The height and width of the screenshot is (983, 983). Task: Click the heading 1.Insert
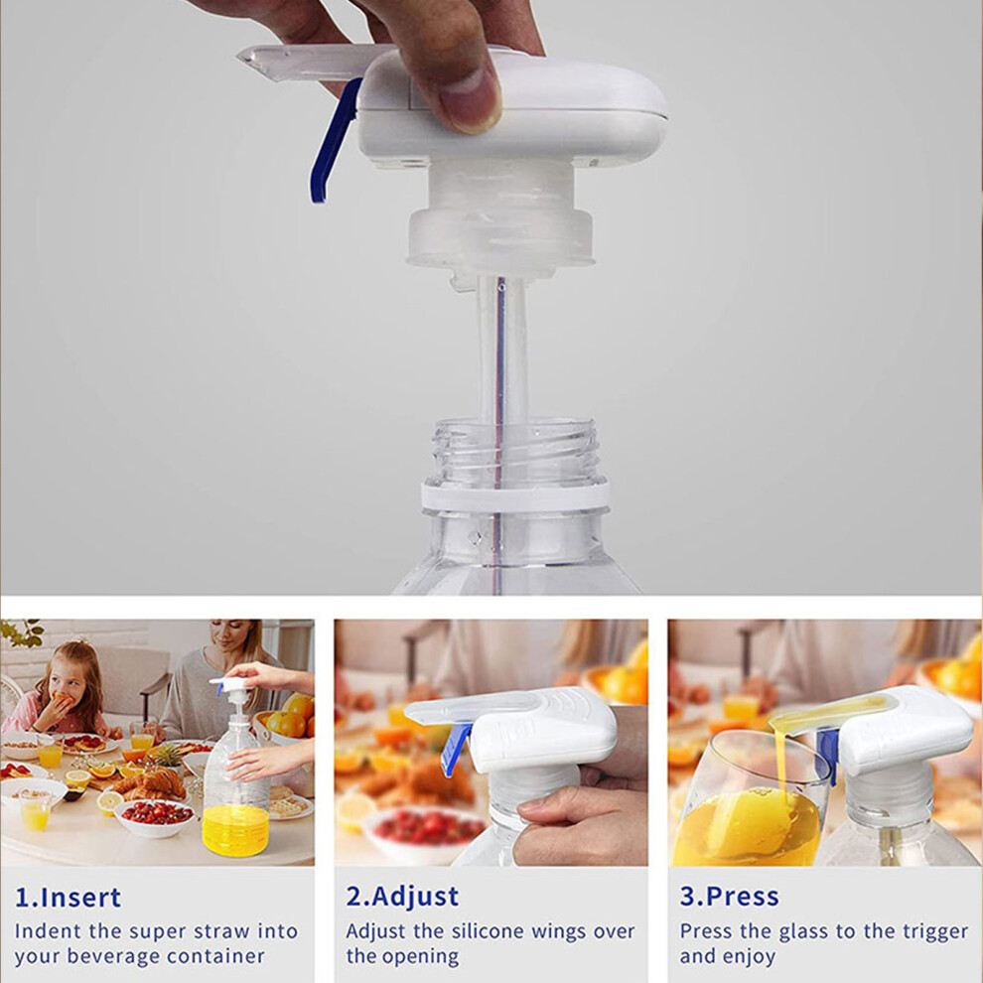click(68, 898)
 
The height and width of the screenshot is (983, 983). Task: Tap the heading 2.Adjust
click(402, 898)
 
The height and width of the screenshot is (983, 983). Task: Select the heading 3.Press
click(729, 898)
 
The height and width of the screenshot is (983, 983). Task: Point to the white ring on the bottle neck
click(515, 494)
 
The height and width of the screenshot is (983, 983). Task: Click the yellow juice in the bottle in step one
click(235, 829)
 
